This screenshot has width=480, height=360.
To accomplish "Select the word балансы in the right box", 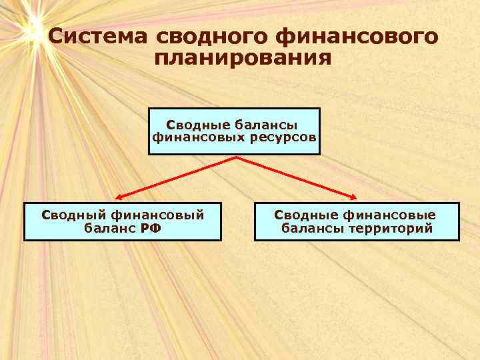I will (309, 228).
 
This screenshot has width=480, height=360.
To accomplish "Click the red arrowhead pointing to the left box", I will (117, 197).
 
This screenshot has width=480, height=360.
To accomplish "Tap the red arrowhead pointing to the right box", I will (356, 197).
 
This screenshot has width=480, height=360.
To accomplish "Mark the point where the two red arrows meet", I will (237, 157).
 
